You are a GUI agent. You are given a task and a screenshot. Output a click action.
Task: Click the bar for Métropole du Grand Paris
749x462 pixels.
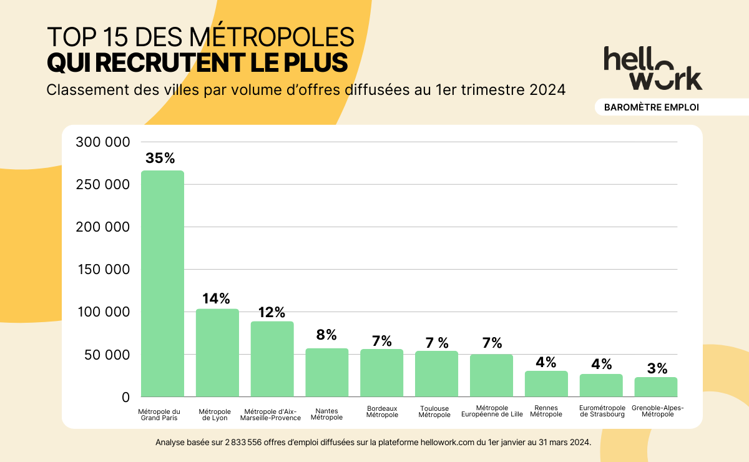click(x=162, y=284)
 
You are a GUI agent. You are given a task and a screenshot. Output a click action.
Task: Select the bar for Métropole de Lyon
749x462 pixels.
click(x=217, y=353)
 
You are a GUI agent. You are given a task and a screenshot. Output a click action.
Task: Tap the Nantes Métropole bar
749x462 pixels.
click(x=326, y=373)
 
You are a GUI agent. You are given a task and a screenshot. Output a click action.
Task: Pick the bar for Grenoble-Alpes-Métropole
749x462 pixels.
click(x=655, y=387)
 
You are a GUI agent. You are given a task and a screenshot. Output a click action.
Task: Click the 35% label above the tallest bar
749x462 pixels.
click(x=160, y=158)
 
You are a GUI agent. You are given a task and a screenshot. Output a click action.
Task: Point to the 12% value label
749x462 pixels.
click(x=272, y=312)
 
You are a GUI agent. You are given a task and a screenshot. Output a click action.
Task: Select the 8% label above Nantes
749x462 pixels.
click(x=326, y=335)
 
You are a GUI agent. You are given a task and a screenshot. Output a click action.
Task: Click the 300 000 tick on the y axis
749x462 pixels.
click(x=102, y=142)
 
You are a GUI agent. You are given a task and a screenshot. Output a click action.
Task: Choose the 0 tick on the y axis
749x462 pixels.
click(x=125, y=397)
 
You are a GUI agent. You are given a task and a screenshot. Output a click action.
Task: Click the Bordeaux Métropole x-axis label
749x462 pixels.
click(x=382, y=411)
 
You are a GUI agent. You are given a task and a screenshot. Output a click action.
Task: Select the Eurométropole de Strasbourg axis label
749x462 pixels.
click(x=602, y=411)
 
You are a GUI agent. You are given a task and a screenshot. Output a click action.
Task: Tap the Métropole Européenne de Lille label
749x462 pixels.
click(x=492, y=411)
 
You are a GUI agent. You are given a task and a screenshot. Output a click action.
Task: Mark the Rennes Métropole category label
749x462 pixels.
click(x=546, y=411)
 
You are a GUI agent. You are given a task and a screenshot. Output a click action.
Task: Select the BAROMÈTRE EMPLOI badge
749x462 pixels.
click(x=651, y=107)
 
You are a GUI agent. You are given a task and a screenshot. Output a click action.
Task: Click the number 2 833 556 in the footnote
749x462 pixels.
click(x=240, y=442)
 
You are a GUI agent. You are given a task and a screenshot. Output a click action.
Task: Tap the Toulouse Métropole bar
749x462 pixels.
click(x=436, y=374)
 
